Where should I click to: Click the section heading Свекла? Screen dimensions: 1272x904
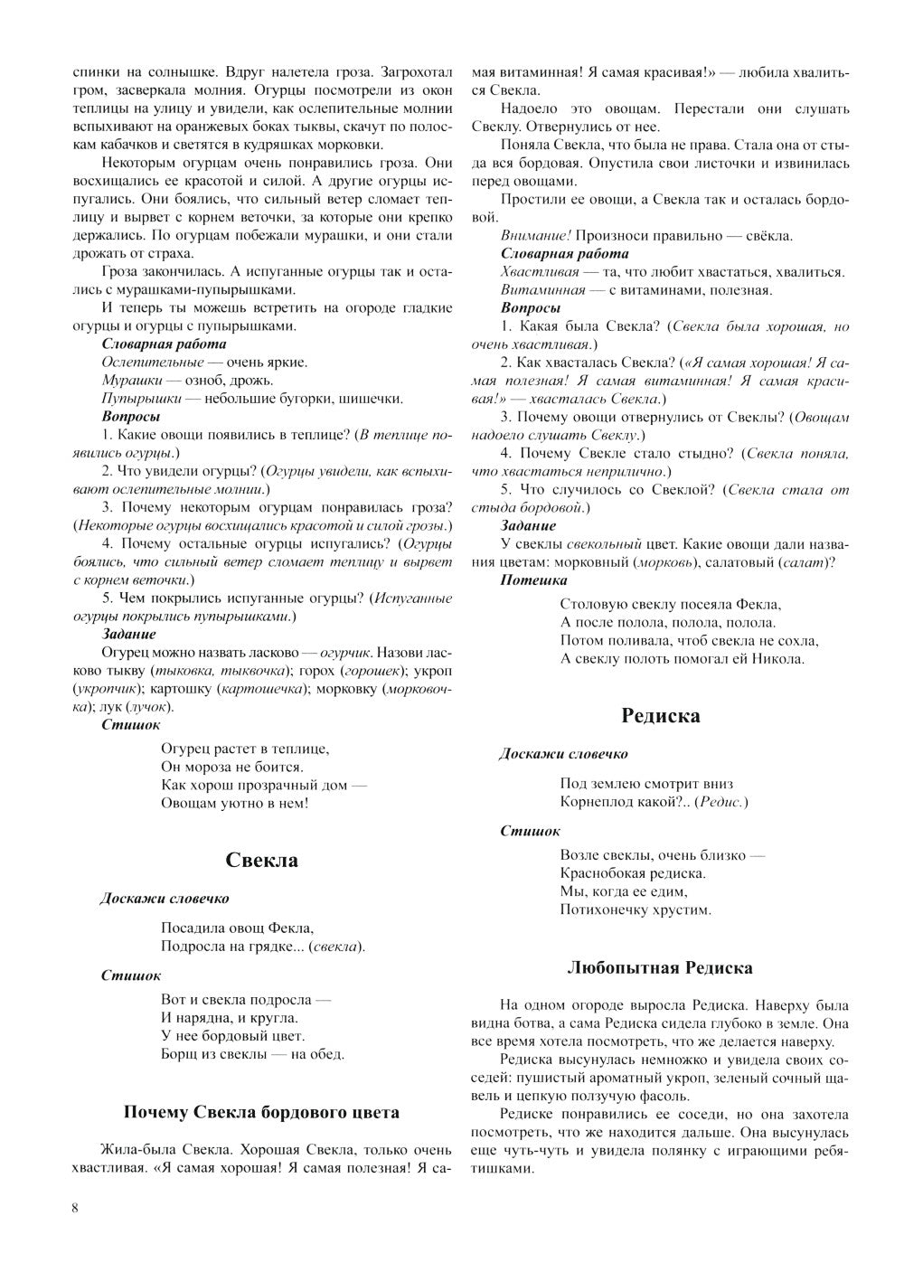click(x=261, y=861)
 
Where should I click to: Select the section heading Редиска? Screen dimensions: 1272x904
click(x=661, y=716)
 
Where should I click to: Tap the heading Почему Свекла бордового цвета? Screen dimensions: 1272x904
click(x=261, y=1112)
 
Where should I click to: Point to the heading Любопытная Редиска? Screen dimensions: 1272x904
click(x=660, y=968)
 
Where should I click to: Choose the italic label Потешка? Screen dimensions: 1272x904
click(x=533, y=579)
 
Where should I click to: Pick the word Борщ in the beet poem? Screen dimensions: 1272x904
click(x=179, y=1053)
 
